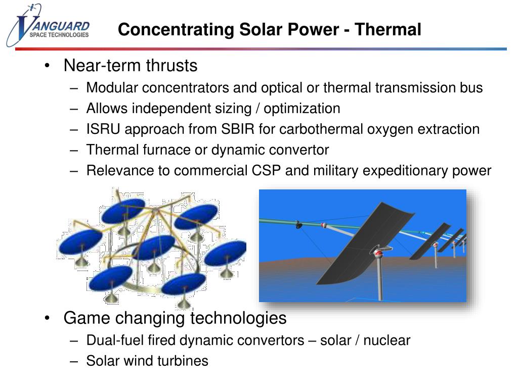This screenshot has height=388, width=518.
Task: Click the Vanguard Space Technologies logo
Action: click(x=48, y=25)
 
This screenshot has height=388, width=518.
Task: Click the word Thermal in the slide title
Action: click(x=388, y=29)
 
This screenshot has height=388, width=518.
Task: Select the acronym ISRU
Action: click(x=103, y=129)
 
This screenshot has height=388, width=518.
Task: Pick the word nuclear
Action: click(x=387, y=340)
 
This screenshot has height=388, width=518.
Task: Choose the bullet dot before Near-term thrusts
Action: click(x=47, y=66)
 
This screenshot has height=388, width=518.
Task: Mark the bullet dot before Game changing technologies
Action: click(x=47, y=318)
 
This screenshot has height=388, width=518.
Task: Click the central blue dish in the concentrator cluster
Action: click(x=154, y=248)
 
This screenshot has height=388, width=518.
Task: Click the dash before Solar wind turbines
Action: click(x=74, y=361)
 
